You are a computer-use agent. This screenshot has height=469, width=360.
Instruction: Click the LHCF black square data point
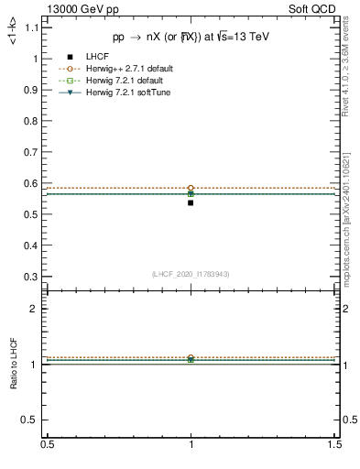[191, 202]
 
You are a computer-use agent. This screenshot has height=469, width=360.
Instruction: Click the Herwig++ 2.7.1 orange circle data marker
[191, 188]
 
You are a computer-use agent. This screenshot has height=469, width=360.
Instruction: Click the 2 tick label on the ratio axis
[34, 309]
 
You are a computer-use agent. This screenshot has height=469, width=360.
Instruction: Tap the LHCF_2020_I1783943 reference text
[191, 274]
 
